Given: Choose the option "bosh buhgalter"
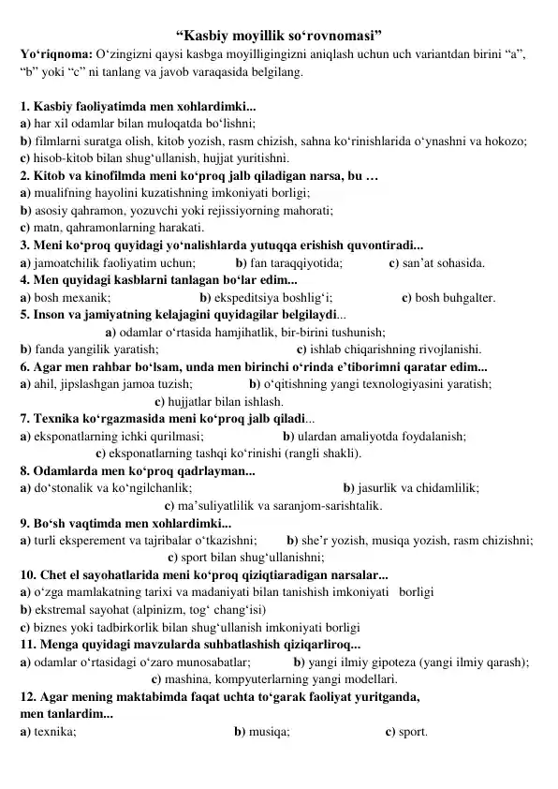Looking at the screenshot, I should (448, 298).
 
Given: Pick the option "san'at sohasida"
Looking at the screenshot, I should (437, 263).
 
